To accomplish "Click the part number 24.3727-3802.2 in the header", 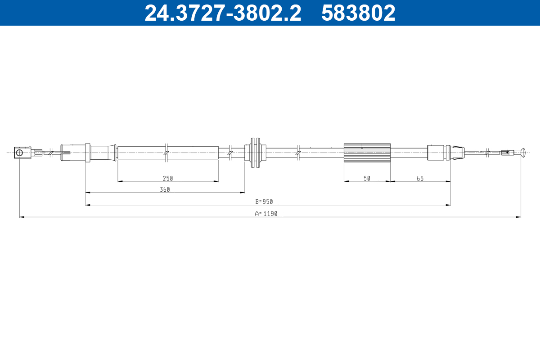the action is [x=223, y=13].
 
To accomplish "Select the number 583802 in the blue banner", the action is [x=358, y=13].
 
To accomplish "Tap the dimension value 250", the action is [x=168, y=179].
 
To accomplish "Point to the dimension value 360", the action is [x=165, y=190].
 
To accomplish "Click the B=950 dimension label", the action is [x=264, y=202].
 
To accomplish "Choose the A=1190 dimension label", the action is [x=266, y=214].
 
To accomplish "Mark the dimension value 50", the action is [x=367, y=179].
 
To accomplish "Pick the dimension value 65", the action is [x=420, y=179].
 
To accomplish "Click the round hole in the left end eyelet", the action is [x=19, y=153].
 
